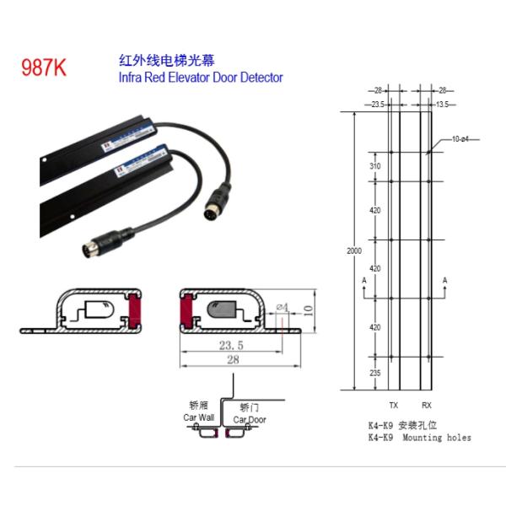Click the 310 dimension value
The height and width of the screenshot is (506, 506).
[x=374, y=167]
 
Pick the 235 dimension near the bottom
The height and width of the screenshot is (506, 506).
[x=374, y=373]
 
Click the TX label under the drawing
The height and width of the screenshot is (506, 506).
[x=393, y=406]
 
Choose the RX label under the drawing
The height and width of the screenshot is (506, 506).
[x=426, y=406]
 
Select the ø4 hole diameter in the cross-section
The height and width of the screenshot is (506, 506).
[x=282, y=306]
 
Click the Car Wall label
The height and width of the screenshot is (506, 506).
[x=199, y=417]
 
